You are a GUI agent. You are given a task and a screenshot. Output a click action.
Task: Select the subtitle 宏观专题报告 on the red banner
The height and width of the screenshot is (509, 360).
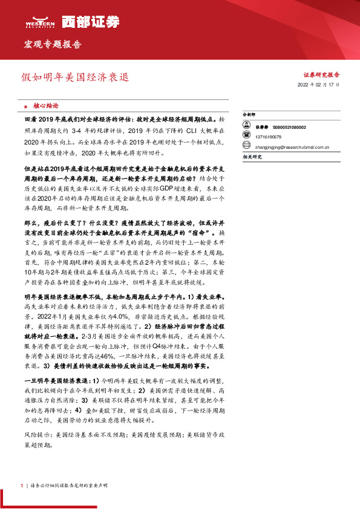click(52, 45)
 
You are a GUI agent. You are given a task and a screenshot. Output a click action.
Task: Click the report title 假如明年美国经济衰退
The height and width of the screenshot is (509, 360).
click(75, 78)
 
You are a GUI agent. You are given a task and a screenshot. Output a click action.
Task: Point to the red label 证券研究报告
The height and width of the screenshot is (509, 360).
click(321, 75)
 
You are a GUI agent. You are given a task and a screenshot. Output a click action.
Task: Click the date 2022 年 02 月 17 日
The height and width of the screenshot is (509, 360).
click(318, 86)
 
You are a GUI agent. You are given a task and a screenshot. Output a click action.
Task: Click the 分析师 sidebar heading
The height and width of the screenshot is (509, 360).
click(249, 114)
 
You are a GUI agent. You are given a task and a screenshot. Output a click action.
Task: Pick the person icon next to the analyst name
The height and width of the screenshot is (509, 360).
click(246, 127)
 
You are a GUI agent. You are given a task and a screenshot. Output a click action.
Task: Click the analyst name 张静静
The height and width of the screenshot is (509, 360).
click(262, 127)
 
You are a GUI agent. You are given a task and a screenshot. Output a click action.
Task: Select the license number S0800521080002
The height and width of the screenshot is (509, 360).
click(289, 127)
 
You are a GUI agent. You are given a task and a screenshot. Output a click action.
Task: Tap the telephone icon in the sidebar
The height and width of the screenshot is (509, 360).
click(246, 137)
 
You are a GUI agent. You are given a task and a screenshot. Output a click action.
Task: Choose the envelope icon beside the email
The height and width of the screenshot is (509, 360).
click(246, 146)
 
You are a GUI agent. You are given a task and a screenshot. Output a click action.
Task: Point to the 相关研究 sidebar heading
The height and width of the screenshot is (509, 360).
click(252, 157)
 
